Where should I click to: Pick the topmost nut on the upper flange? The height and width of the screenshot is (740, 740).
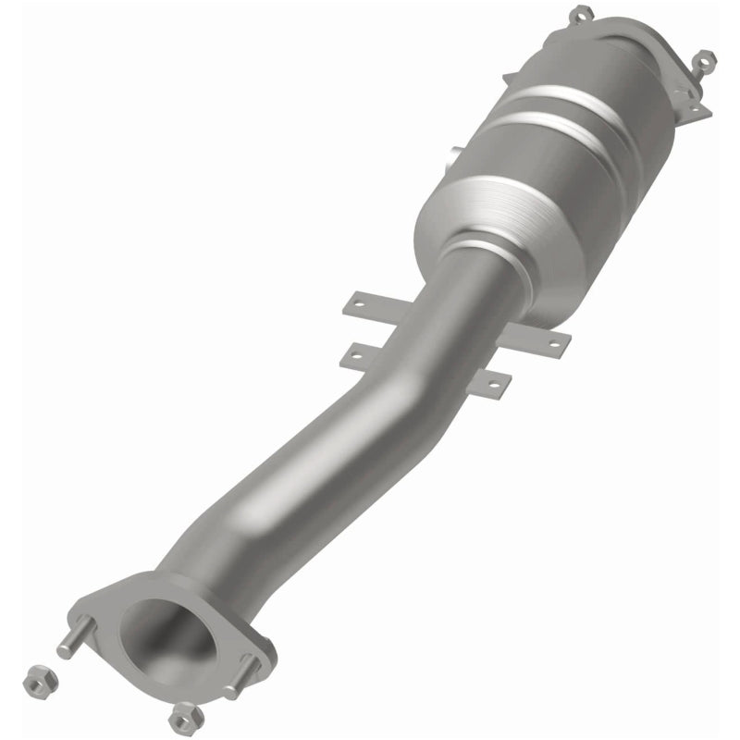580,14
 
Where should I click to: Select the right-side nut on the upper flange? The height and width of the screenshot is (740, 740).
703,59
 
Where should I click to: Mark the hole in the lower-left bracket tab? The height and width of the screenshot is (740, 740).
354,352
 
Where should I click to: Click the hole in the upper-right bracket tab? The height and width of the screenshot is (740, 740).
554,342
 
